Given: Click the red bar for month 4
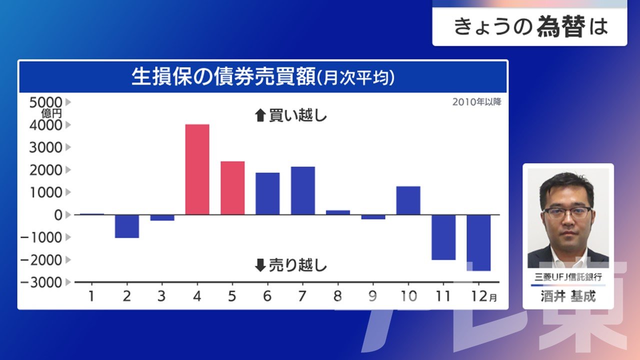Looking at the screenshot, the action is pyautogui.click(x=197, y=169).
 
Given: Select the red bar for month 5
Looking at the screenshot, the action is pyautogui.click(x=232, y=188).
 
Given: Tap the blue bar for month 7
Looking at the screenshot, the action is pyautogui.click(x=303, y=190).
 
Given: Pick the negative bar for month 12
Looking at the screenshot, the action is pyautogui.click(x=478, y=243).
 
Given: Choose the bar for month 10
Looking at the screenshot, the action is pyautogui.click(x=408, y=200).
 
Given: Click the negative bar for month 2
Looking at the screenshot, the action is pyautogui.click(x=127, y=226).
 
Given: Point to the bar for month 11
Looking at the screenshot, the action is pyautogui.click(x=443, y=237).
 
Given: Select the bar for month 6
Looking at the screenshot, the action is pyautogui.click(x=267, y=193).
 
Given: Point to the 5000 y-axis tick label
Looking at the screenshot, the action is pyautogui.click(x=45, y=102).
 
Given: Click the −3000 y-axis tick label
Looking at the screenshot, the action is pyautogui.click(x=41, y=282).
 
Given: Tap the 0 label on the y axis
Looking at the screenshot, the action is pyautogui.click(x=58, y=215).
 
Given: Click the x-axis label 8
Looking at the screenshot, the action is pyautogui.click(x=337, y=296).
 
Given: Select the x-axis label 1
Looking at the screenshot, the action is pyautogui.click(x=91, y=296).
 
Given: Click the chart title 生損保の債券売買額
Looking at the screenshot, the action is pyautogui.click(x=223, y=76).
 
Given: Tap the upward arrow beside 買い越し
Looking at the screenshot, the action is pyautogui.click(x=260, y=115).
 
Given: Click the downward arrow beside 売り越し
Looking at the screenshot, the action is pyautogui.click(x=260, y=265).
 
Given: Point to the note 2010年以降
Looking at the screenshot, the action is pyautogui.click(x=476, y=102).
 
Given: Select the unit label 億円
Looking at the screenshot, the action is pyautogui.click(x=51, y=113).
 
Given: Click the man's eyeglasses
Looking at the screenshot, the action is pyautogui.click(x=567, y=213).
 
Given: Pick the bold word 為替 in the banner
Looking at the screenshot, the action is pyautogui.click(x=561, y=26).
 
